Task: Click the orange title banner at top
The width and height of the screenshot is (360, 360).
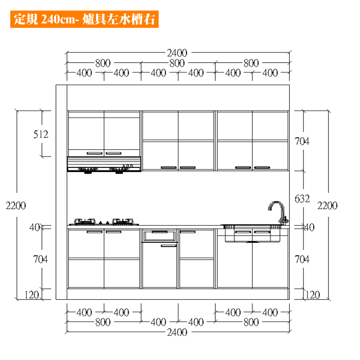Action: (x=84, y=19)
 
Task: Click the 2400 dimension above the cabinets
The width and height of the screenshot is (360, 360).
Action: (x=177, y=53)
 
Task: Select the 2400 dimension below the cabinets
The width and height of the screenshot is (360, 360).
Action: (x=177, y=332)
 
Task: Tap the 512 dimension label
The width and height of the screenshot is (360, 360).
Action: (x=41, y=134)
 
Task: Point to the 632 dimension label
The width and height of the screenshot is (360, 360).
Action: (x=302, y=199)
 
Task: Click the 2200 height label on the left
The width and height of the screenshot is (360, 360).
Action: (x=16, y=206)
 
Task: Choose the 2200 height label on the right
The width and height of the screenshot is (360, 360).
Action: (x=327, y=206)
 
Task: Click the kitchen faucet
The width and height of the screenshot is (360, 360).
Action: (x=278, y=212)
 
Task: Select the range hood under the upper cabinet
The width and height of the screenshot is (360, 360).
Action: (x=104, y=165)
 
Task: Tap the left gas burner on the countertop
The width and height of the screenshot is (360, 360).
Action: (x=85, y=221)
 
